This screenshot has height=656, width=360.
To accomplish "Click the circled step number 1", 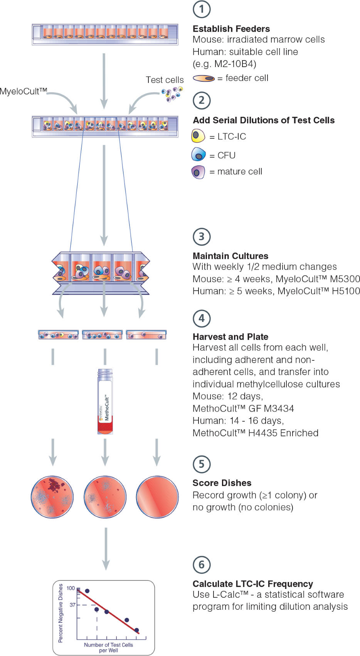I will point(202,9).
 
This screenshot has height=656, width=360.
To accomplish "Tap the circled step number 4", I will point(202,319).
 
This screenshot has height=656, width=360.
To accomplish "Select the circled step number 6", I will point(202,565).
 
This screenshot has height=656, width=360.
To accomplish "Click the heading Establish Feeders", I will point(231,29).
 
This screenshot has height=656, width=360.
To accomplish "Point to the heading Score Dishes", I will point(222,483).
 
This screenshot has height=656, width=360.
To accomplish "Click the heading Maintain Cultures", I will point(230,256).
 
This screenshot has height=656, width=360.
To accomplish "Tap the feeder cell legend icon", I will point(204,79).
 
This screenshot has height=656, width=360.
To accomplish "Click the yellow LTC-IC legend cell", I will point(198,136).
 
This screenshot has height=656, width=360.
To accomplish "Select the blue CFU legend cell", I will point(199,155).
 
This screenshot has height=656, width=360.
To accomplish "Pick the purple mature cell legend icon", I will point(198,172).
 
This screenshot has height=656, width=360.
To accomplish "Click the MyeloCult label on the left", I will point(23,91).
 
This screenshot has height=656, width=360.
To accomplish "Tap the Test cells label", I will point(165,80).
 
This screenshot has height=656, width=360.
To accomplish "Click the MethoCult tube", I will point(105,401).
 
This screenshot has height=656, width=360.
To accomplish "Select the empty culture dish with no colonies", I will point(157,497).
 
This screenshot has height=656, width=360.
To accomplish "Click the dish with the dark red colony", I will point(52,497).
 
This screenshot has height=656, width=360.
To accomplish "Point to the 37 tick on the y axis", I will point(72,605).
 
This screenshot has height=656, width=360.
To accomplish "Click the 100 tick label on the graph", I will point(71,588).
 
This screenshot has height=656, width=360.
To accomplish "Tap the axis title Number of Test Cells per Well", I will point(108,648).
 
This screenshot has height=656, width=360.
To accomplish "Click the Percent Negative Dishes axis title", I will point(61,613).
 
